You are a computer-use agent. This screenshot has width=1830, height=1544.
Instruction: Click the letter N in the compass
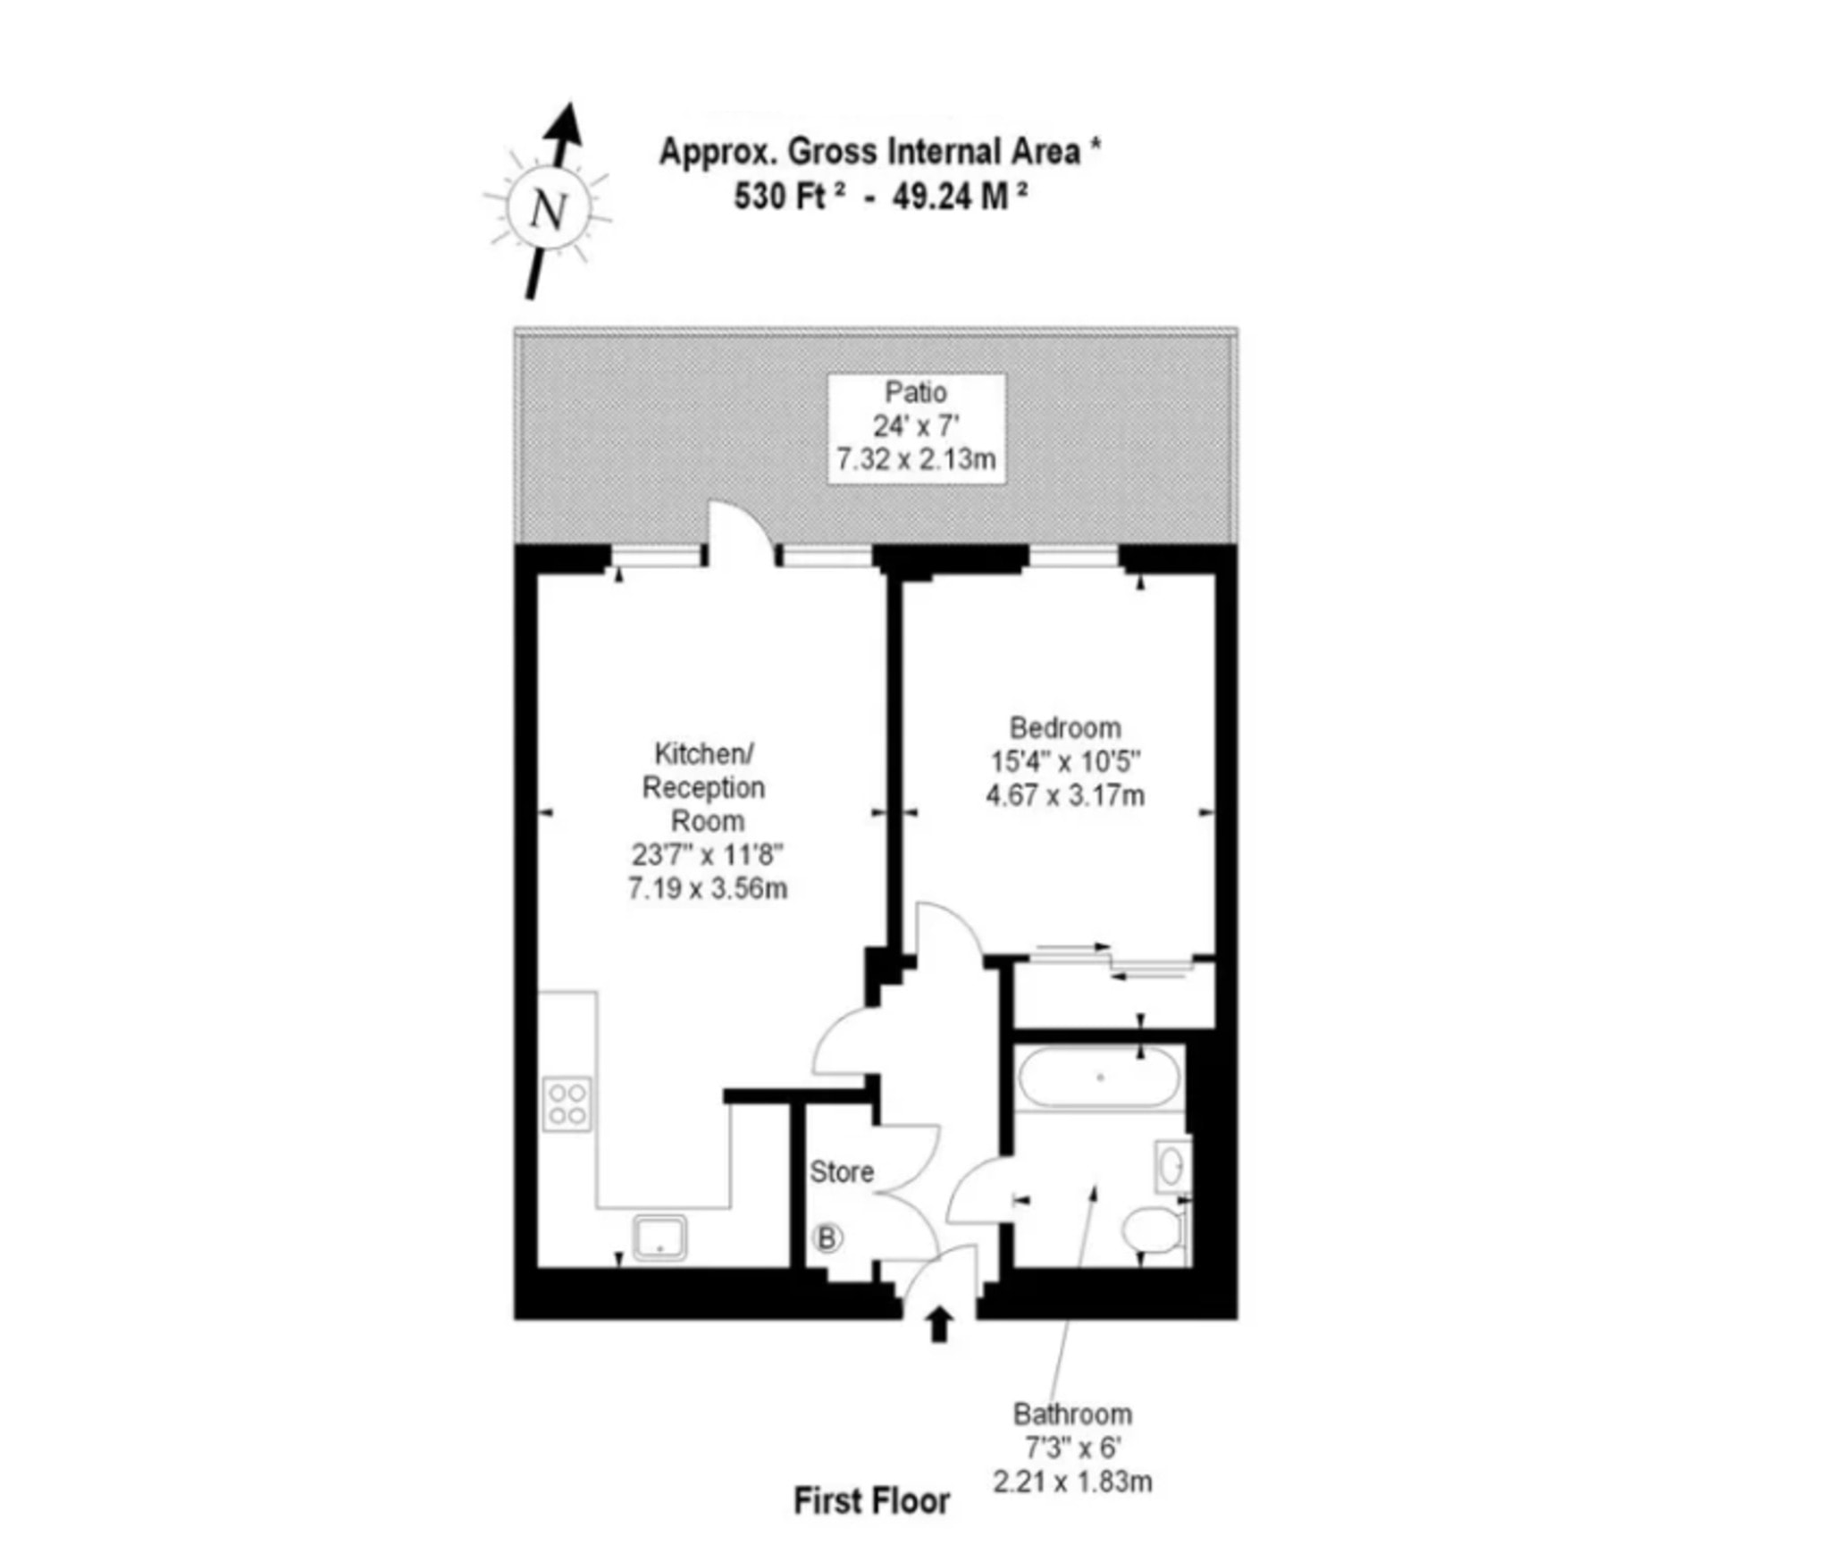click(549, 211)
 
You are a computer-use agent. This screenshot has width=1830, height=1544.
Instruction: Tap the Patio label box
click(916, 429)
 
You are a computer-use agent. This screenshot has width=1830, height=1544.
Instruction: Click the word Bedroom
click(1065, 727)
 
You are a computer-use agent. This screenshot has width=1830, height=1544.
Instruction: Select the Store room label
click(842, 1171)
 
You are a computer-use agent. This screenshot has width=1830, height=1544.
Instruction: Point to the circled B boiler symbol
click(827, 1238)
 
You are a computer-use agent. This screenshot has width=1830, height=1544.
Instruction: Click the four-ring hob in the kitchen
click(567, 1103)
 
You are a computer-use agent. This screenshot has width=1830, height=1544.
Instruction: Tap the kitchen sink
click(659, 1236)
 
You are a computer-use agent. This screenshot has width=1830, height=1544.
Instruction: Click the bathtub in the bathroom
click(1099, 1078)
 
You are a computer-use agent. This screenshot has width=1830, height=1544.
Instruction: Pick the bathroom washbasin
click(1172, 1165)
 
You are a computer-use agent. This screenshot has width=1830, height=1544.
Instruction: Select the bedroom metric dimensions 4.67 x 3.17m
click(1065, 795)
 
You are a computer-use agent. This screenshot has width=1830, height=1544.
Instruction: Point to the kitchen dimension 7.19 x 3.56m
click(708, 889)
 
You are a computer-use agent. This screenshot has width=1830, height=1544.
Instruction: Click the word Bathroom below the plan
click(1072, 1414)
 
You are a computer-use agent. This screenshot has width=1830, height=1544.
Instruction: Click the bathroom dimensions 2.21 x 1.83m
click(1072, 1482)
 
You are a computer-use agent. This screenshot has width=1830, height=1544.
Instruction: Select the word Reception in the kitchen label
click(704, 788)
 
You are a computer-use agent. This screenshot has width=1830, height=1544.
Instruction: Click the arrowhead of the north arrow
click(565, 123)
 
